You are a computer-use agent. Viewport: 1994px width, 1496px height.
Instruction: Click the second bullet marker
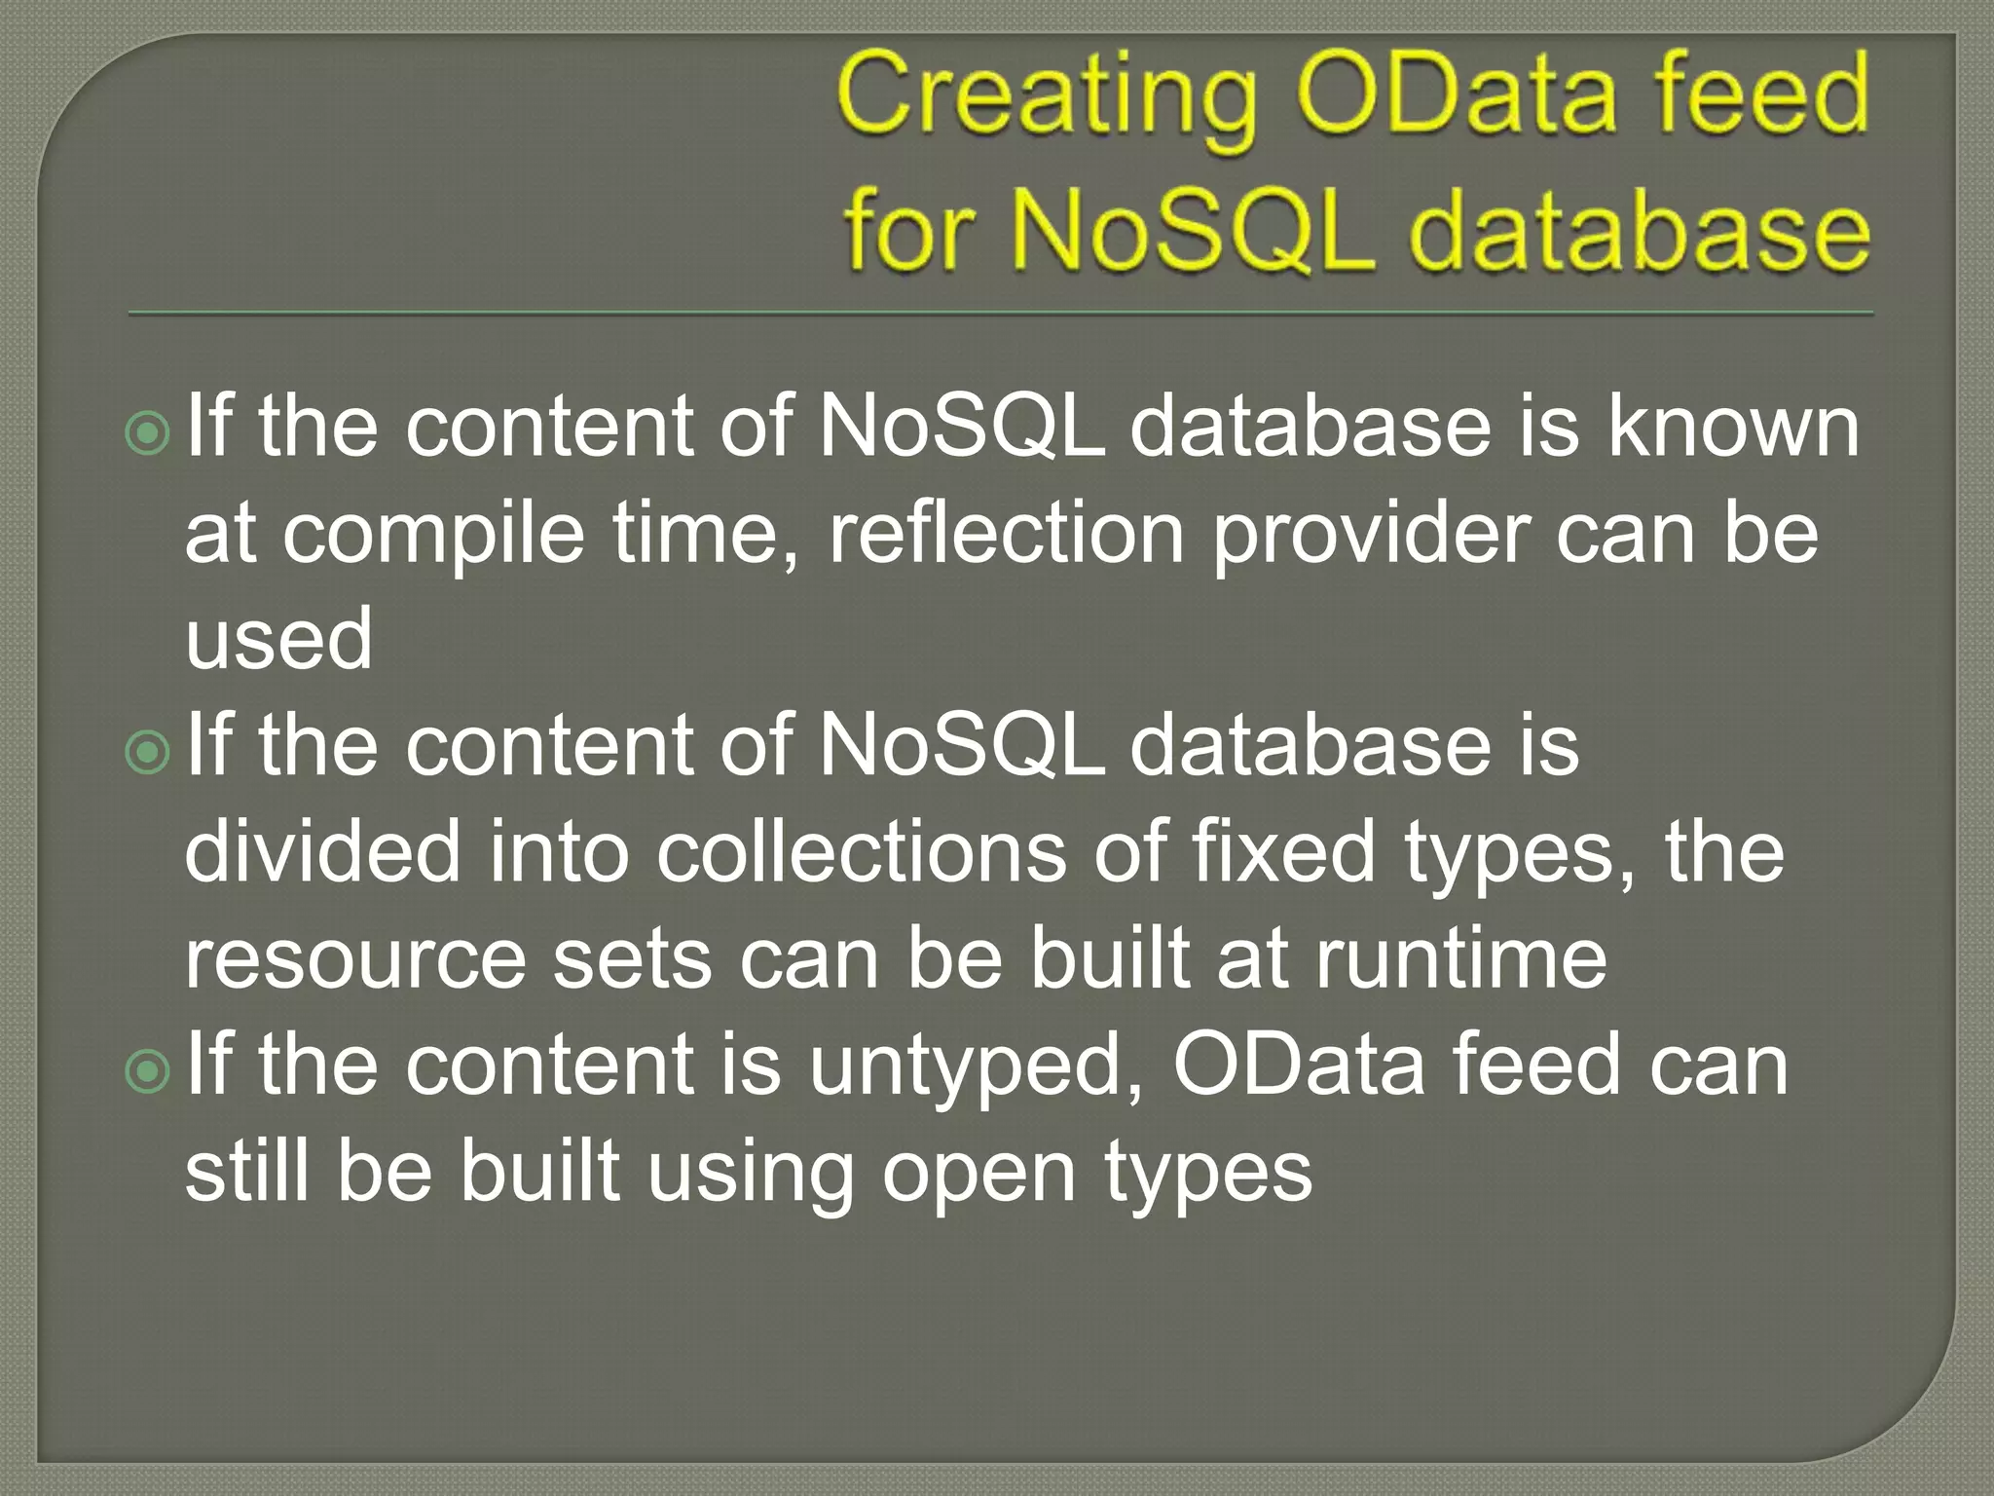(x=148, y=752)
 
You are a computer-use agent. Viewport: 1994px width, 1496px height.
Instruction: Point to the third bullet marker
(x=148, y=1071)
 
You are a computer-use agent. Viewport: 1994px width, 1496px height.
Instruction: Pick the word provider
(x=1370, y=536)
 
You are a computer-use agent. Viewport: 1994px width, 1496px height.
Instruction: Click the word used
(x=278, y=639)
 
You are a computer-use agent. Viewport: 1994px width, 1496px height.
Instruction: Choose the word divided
(x=322, y=851)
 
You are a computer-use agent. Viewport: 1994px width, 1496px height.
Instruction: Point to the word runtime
(x=1460, y=958)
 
